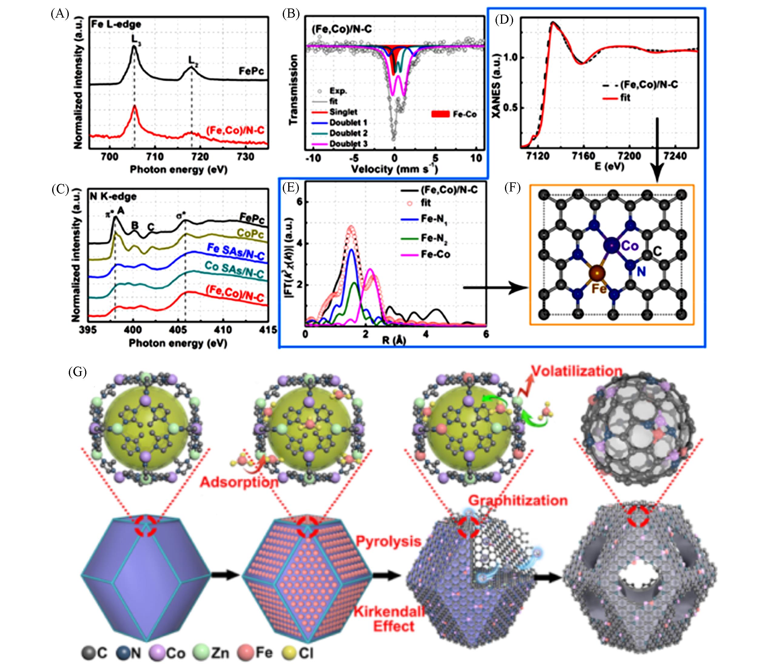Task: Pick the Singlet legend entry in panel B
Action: coord(343,112)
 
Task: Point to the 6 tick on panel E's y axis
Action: coord(300,202)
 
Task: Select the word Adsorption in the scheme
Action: coord(239,482)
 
